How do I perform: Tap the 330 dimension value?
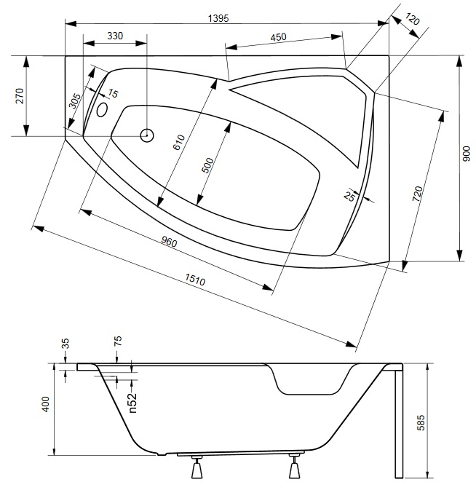click(x=115, y=36)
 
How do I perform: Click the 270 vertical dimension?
click(x=20, y=95)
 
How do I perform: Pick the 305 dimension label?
click(x=74, y=100)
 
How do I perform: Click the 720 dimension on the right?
click(x=418, y=194)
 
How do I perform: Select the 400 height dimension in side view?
click(x=46, y=405)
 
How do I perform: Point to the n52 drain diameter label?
click(x=132, y=402)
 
